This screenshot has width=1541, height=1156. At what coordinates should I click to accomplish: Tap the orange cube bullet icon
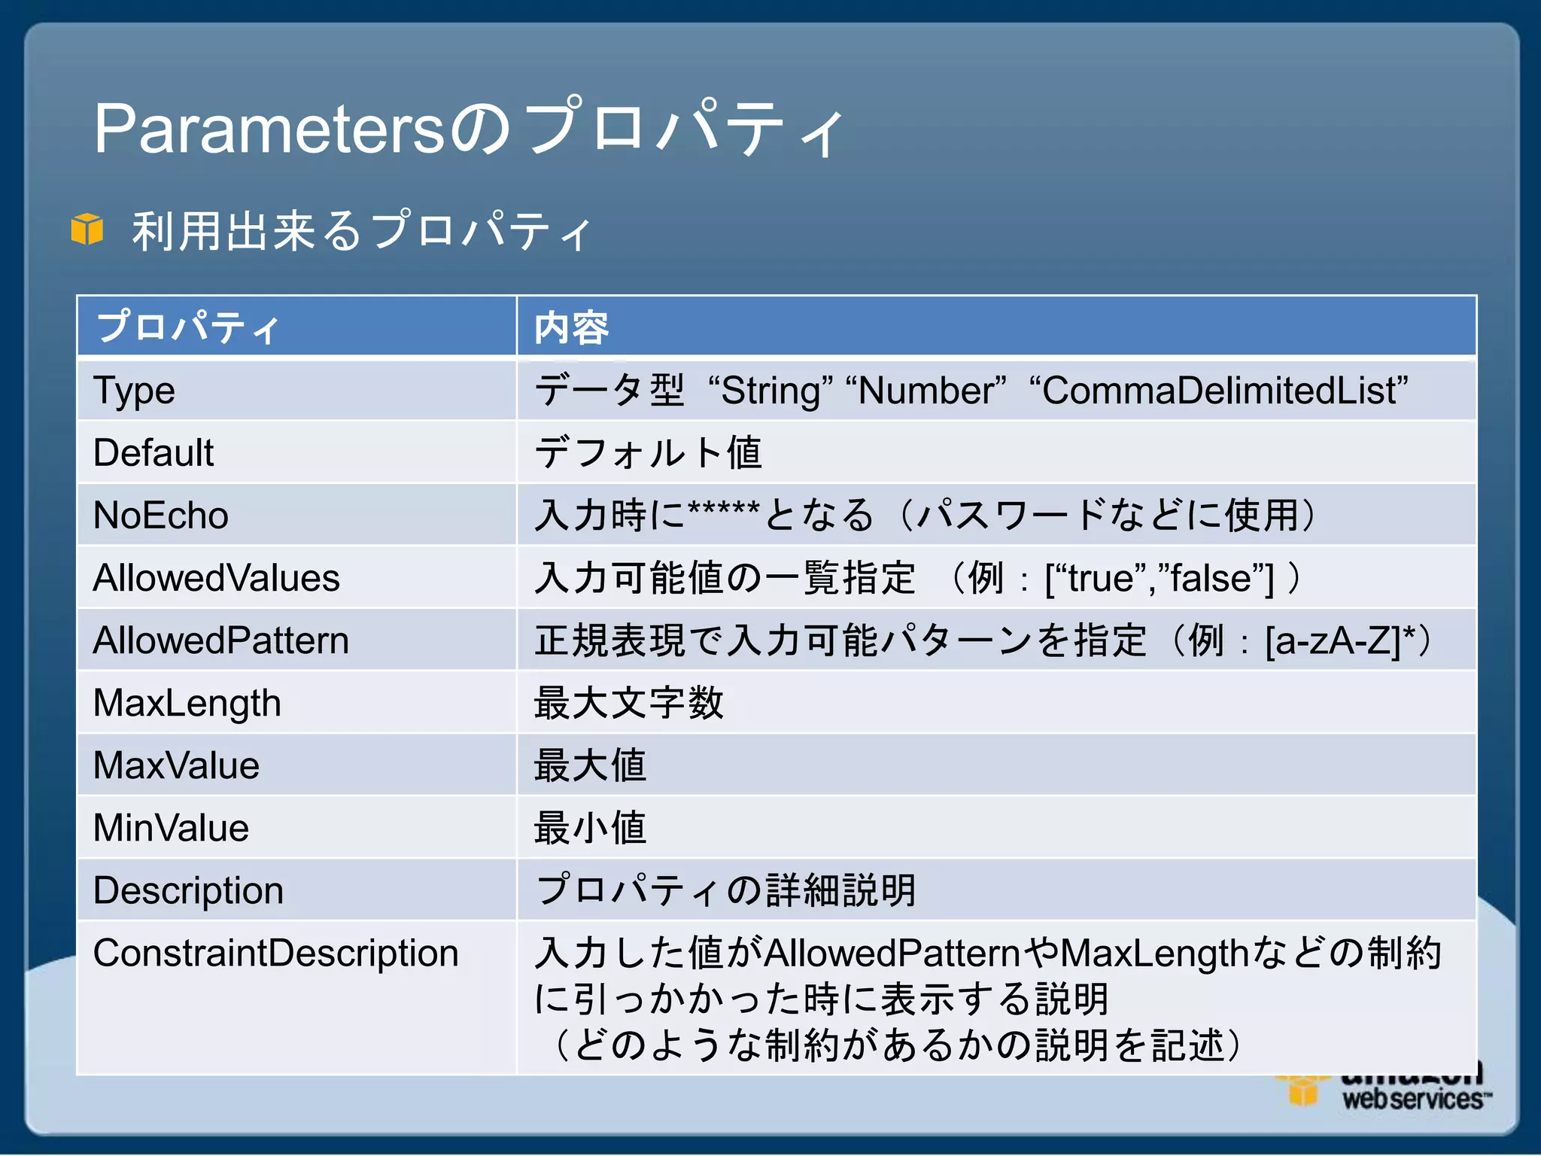point(87,229)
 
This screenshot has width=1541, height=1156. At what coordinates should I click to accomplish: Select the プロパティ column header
point(188,327)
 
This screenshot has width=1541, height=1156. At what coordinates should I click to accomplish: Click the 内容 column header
point(571,328)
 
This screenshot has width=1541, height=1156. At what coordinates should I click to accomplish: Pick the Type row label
point(134,391)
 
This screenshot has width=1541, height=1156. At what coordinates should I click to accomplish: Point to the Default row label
point(153,453)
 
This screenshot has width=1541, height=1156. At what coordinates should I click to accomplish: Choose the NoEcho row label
point(161,516)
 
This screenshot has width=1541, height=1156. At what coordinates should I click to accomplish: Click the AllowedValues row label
point(217,578)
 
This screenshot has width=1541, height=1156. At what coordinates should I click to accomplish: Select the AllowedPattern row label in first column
point(221,640)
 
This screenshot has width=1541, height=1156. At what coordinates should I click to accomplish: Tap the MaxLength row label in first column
point(187,704)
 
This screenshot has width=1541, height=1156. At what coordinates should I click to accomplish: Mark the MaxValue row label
point(177,765)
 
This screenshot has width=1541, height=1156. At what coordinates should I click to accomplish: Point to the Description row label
point(189,890)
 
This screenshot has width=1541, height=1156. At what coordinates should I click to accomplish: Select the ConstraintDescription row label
point(276,953)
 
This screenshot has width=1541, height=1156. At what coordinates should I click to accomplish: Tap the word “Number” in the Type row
point(926,391)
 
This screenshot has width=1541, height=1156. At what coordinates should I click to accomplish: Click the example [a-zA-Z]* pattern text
point(1339,641)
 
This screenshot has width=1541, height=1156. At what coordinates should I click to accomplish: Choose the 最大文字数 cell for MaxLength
point(629,703)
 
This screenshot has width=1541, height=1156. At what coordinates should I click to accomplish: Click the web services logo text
point(1413,1100)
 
